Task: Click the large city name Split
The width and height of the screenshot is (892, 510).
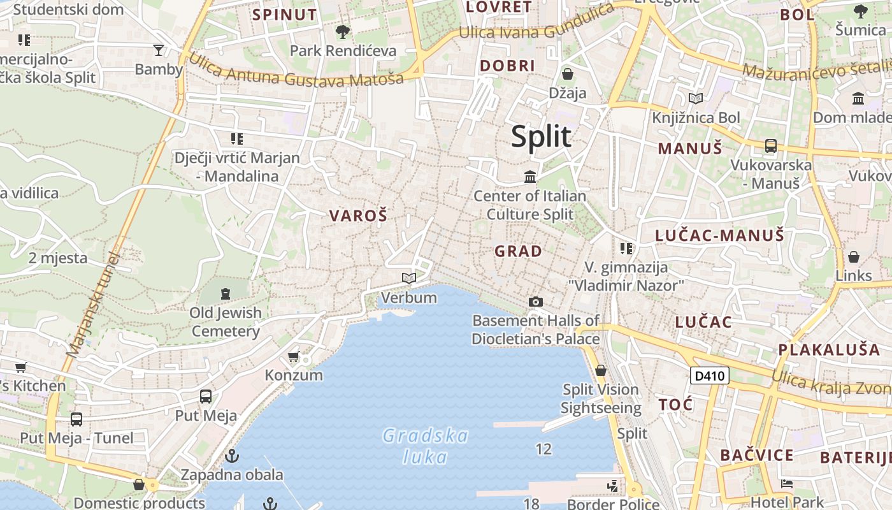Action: (541, 136)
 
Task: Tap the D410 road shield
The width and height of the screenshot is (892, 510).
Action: (709, 376)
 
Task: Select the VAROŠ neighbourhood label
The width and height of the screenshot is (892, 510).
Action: (358, 216)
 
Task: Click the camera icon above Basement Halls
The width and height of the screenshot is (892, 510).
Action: (536, 302)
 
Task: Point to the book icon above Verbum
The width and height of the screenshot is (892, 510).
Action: (409, 279)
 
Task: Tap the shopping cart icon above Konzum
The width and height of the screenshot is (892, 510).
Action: (294, 356)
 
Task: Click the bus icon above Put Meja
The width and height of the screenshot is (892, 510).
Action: (206, 397)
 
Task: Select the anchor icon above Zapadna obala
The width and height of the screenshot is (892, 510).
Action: (232, 456)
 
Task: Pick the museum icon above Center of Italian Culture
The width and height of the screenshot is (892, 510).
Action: (530, 177)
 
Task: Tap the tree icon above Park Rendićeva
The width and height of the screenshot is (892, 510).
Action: (343, 31)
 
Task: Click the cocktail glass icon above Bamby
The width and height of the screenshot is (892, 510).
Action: (159, 50)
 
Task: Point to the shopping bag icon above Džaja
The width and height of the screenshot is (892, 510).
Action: (568, 74)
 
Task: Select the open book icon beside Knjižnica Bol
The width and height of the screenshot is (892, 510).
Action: (696, 99)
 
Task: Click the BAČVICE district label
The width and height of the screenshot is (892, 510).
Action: (757, 455)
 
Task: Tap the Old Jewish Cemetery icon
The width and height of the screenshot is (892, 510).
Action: (225, 294)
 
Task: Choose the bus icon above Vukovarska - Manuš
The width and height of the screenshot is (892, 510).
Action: (770, 146)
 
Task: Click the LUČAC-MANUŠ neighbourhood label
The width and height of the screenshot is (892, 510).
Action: (719, 236)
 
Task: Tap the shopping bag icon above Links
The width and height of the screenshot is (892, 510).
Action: (853, 257)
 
